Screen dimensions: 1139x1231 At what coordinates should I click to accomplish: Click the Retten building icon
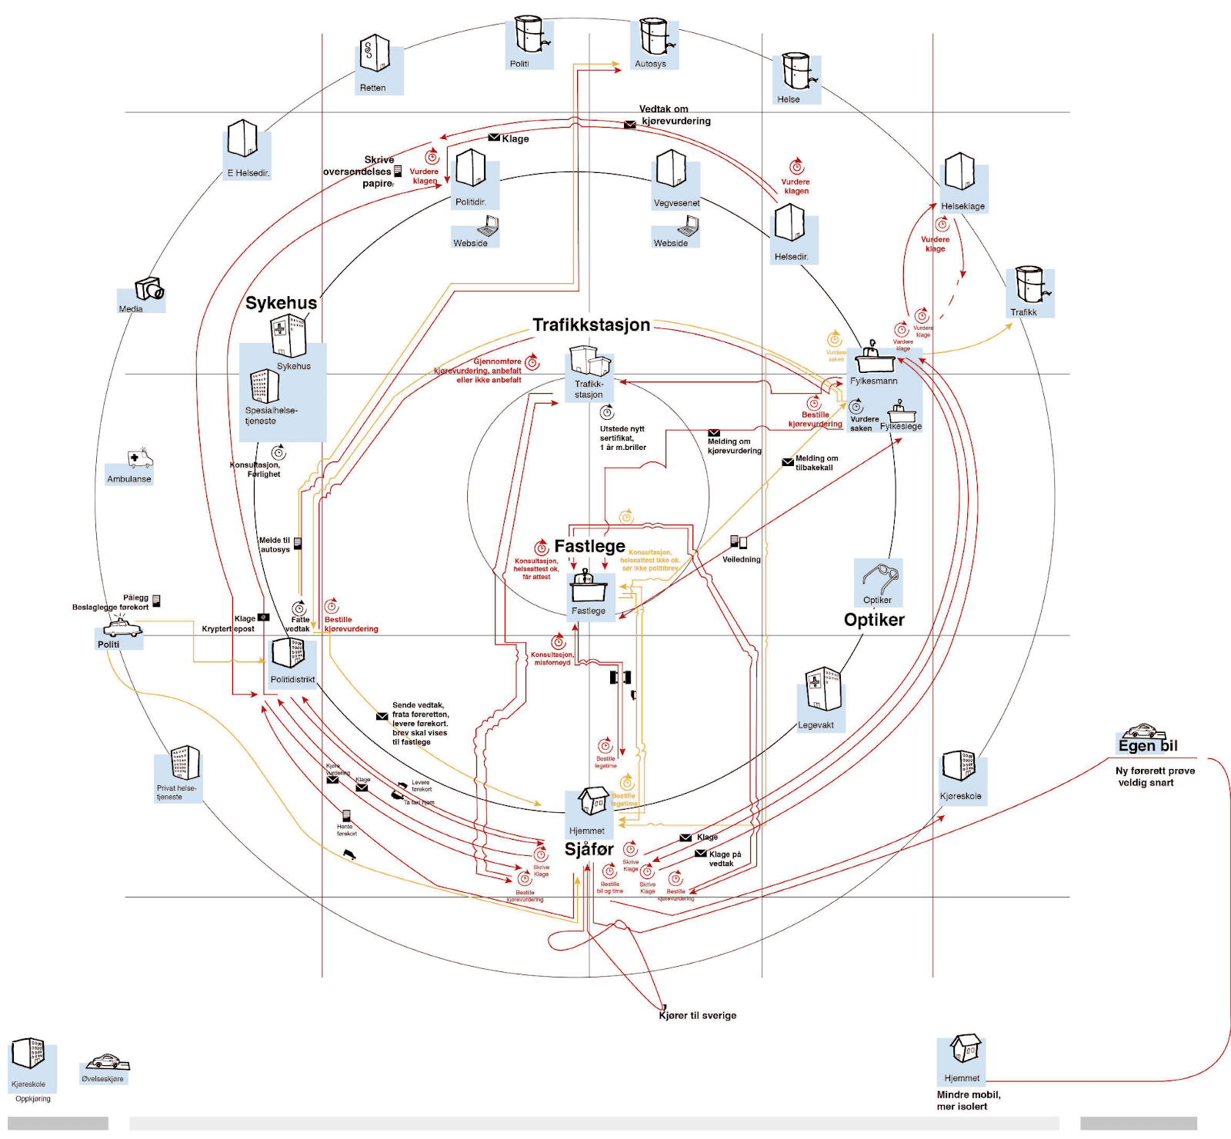(374, 54)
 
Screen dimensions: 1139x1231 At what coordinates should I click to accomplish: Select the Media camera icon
(148, 289)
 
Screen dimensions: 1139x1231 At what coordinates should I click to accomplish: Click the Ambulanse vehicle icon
(139, 458)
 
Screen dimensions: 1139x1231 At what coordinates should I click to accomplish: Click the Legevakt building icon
(822, 689)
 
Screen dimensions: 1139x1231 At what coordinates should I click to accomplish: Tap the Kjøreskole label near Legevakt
(960, 796)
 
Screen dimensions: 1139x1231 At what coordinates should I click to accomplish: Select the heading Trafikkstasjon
(591, 325)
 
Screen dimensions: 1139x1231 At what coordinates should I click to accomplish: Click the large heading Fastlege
(589, 546)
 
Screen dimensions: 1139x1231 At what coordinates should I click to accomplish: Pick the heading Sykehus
(281, 303)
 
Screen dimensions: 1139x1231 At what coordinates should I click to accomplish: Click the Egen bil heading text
(1147, 746)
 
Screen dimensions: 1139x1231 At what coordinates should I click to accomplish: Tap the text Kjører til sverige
(697, 1015)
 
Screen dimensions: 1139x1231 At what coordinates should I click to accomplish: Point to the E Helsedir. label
(248, 173)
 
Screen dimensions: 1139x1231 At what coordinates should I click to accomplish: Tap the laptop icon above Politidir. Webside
(488, 225)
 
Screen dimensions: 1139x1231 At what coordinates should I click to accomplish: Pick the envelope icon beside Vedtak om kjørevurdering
(629, 125)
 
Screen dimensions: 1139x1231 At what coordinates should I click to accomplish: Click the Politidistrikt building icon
(289, 653)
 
